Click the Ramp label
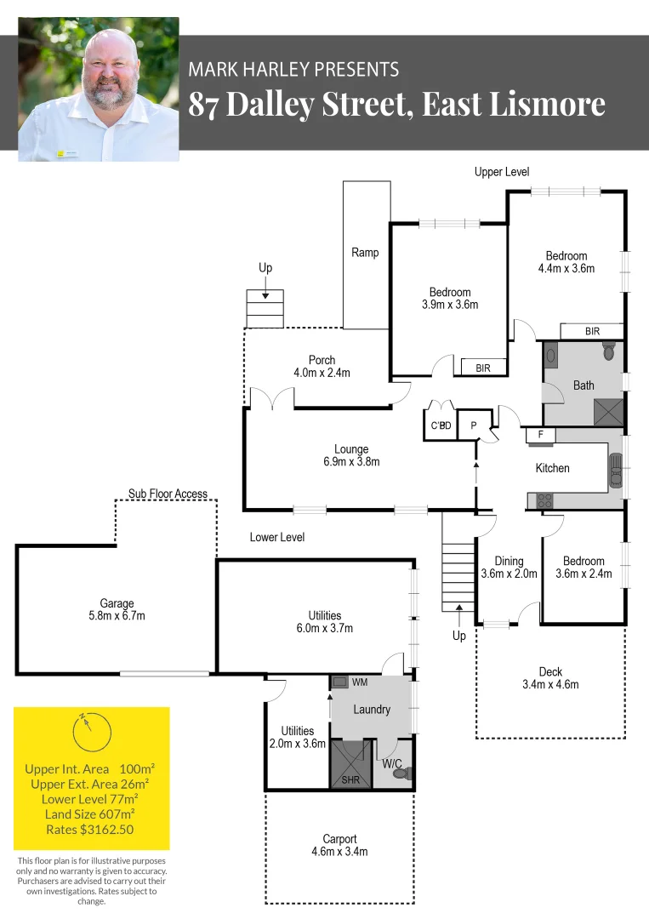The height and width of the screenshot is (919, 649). coord(365,253)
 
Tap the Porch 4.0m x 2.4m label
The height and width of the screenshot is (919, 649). coord(322,367)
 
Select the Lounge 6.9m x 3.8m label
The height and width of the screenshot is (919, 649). coord(350,455)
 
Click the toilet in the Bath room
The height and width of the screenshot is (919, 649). coord(608,350)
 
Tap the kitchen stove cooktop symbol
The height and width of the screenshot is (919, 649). coord(540,500)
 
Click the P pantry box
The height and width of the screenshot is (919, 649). coord(472,425)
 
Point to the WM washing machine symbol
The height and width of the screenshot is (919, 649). coord(339,682)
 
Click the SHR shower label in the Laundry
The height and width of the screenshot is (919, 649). coord(350,779)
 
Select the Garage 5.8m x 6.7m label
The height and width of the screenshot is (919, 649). coord(117,610)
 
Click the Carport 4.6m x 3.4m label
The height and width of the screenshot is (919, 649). coord(339,845)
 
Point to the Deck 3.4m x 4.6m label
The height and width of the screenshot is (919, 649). coord(550,678)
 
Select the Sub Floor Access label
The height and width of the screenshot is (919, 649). coord(168,494)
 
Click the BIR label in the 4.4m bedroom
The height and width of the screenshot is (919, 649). coord(592,331)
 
